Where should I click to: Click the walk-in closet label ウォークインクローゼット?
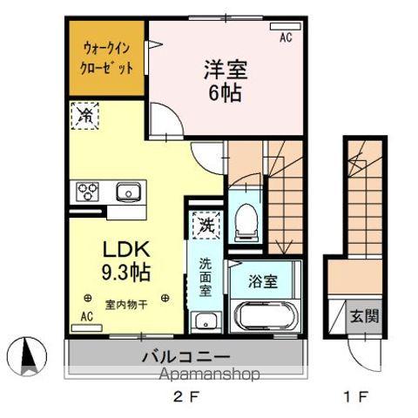tap(107, 57)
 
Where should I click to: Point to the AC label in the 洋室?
tap(286, 37)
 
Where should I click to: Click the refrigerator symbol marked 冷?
tap(87, 117)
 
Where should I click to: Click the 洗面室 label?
tap(204, 276)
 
